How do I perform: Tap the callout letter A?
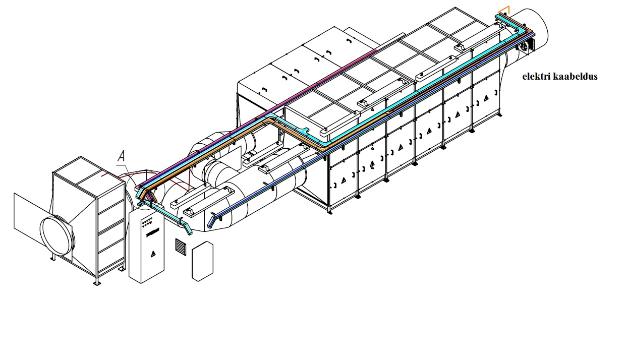[x=121, y=156]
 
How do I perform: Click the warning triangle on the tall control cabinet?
[x=153, y=254]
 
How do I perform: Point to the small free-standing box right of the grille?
[x=203, y=261]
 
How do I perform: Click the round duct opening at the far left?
[x=58, y=236]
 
